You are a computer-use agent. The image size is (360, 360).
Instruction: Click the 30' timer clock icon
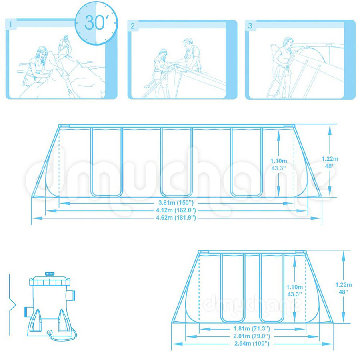pos(96,23)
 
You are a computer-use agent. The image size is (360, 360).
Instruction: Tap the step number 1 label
pos(10,24)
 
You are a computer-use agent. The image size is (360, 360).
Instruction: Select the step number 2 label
pos(132,26)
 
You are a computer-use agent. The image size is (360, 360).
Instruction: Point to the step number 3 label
pos(250,26)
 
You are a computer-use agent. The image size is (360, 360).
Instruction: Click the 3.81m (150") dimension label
pos(176,203)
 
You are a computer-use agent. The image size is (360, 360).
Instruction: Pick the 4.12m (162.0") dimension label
pos(176,210)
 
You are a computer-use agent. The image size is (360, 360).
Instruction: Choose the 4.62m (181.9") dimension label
pos(176,218)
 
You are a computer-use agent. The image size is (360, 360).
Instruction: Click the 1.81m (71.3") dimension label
pos(252,329)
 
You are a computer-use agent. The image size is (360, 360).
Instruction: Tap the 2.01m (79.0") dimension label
pos(252,336)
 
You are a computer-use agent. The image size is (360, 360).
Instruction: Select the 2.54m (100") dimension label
pos(252,344)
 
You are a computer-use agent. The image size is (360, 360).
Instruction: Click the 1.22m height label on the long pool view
pos(330,159)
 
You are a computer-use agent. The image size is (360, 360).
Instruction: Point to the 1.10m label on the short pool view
pos(294,287)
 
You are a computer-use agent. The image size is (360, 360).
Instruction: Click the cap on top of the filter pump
pos(50,274)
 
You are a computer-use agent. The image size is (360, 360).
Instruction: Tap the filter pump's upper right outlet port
pos(71,296)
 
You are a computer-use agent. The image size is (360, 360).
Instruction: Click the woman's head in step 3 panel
pos(288,42)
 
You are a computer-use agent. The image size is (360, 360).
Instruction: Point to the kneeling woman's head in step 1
pos(42,52)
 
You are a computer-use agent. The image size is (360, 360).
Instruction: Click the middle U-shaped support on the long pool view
pos(176,162)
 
